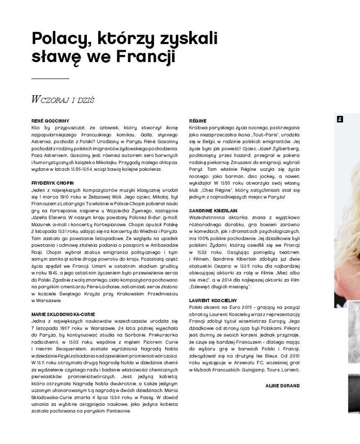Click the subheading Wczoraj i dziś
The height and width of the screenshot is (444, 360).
click(62, 99)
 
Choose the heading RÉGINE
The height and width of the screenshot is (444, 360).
click(198, 121)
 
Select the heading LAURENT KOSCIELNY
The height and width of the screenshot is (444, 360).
click(213, 300)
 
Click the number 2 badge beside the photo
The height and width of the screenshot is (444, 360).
click(340, 119)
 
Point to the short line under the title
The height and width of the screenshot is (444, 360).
click(50, 79)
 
